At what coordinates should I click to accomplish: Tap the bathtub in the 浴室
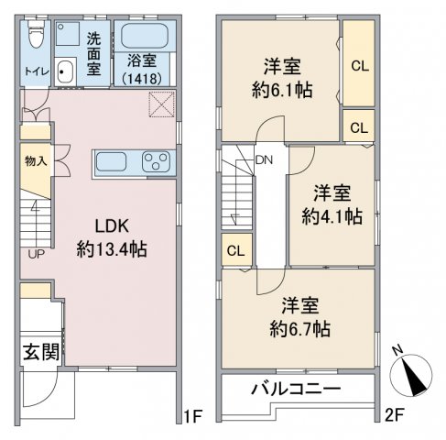(145, 36)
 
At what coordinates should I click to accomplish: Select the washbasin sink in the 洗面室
(65, 71)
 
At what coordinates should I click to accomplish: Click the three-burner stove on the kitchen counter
(157, 160)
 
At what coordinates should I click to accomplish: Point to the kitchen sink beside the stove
(111, 161)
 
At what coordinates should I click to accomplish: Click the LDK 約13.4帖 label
(112, 237)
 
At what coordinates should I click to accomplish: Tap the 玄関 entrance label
(41, 352)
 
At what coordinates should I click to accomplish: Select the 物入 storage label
(36, 160)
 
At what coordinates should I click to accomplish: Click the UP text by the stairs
(37, 254)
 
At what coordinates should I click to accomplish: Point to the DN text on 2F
(264, 159)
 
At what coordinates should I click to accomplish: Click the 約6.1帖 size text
(282, 91)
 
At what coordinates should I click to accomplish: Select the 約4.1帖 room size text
(332, 216)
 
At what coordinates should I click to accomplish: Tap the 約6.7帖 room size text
(299, 329)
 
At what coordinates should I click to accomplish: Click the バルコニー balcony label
(296, 389)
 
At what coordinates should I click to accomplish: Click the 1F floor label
(193, 415)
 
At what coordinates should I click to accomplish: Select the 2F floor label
(395, 415)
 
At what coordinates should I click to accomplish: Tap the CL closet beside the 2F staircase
(236, 249)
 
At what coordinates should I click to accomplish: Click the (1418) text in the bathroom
(142, 79)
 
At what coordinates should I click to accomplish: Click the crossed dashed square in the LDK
(162, 104)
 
